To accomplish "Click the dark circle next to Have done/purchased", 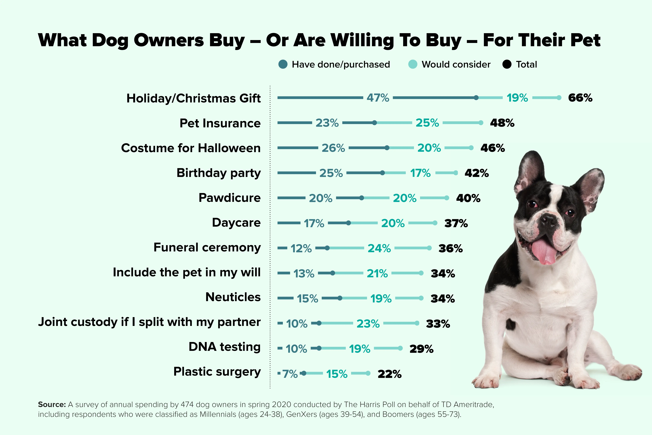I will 283,64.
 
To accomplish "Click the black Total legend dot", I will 507,64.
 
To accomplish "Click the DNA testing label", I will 225,347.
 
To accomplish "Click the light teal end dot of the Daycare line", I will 435,223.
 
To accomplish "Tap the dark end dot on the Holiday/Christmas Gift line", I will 476,98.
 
